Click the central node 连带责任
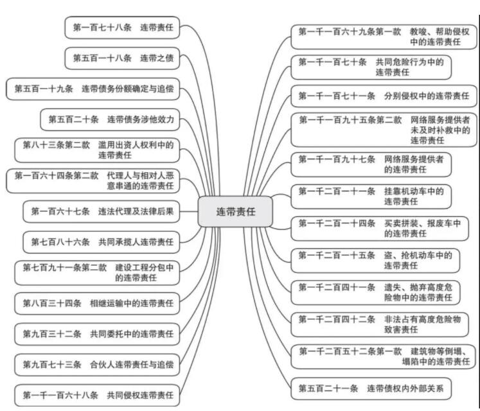(235, 212)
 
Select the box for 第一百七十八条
(123, 28)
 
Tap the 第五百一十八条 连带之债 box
(123, 58)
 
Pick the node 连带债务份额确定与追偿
(94, 89)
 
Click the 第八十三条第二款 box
(98, 150)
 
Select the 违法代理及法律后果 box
(102, 211)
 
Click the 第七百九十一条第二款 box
(98, 272)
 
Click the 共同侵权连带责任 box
(98, 394)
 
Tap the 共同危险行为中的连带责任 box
(371, 67)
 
